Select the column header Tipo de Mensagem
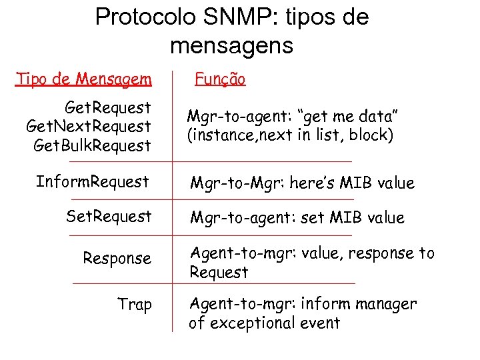[x=84, y=80]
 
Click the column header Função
[x=219, y=80]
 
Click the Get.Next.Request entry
[x=89, y=126]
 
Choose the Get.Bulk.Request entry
[x=92, y=145]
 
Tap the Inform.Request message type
[x=92, y=182]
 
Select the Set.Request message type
[x=109, y=217]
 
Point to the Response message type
[x=117, y=258]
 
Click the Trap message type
[x=135, y=305]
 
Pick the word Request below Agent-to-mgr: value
[x=219, y=273]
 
